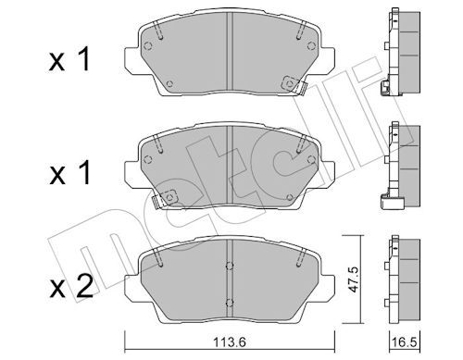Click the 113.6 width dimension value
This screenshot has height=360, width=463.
pyautogui.click(x=229, y=342)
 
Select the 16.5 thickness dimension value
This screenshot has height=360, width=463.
pyautogui.click(x=405, y=342)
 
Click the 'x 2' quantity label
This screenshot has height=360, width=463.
pyautogui.click(x=71, y=287)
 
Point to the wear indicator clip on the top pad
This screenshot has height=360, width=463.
pyautogui.click(x=294, y=84)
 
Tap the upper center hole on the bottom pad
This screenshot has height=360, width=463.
pyautogui.click(x=229, y=266)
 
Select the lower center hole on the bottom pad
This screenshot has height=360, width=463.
pyautogui.click(x=229, y=303)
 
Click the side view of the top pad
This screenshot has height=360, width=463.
pyautogui.click(x=400, y=53)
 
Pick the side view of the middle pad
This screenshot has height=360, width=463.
pyautogui.click(x=400, y=166)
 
